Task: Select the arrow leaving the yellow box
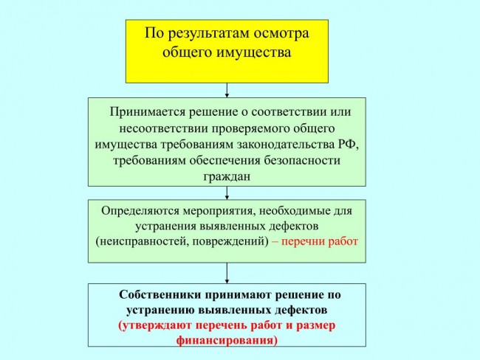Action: (x=227, y=90)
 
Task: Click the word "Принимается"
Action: (x=148, y=112)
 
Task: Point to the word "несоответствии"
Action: (x=163, y=128)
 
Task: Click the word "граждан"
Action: (x=227, y=177)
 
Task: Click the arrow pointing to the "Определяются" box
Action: (x=227, y=193)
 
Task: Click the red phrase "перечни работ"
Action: (x=319, y=242)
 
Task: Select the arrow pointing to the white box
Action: (x=227, y=273)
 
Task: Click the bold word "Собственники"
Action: (x=160, y=295)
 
